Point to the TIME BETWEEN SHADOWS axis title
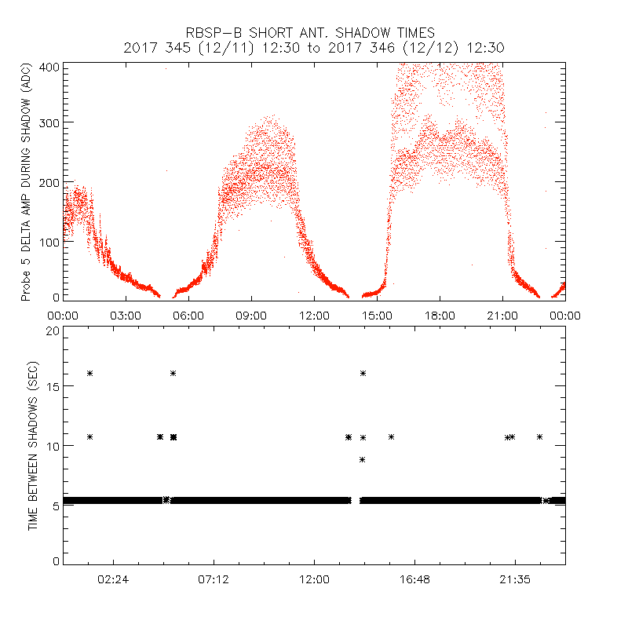click(x=33, y=446)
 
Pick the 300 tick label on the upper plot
click(x=49, y=122)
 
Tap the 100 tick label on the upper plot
click(x=49, y=241)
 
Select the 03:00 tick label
click(x=126, y=315)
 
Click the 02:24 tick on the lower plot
click(x=113, y=579)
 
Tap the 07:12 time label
click(x=214, y=579)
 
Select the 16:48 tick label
click(x=414, y=579)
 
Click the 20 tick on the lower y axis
click(x=53, y=330)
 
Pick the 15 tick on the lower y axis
click(x=53, y=388)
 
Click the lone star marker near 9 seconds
click(x=363, y=459)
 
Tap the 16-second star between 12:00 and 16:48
click(x=363, y=373)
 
